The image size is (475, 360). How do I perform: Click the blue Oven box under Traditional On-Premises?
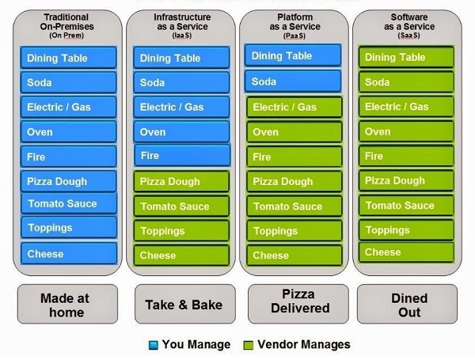[68, 131]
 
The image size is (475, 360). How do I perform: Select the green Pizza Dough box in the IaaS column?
[181, 181]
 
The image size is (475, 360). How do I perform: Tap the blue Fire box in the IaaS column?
[182, 155]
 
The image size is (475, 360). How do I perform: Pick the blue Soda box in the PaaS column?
[293, 81]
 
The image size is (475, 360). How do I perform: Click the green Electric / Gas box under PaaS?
[294, 107]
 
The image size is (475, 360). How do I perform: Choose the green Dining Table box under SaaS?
[407, 57]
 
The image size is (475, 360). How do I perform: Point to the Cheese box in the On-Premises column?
[69, 253]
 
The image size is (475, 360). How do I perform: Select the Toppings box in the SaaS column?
[407, 229]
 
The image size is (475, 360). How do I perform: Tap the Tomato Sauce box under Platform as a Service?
[294, 207]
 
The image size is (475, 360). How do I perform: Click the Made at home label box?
[67, 304]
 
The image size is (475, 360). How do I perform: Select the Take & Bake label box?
[185, 304]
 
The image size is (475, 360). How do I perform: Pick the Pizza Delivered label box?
[298, 304]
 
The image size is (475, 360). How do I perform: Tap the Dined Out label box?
[407, 304]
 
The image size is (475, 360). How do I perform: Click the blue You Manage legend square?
[154, 345]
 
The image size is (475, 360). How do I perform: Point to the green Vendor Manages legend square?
[249, 345]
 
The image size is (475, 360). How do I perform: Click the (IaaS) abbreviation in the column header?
[182, 36]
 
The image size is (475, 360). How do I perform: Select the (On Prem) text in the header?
[66, 36]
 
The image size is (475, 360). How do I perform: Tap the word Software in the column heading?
[409, 17]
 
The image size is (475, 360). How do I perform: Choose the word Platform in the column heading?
[295, 17]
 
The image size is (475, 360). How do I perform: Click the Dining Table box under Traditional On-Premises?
[68, 58]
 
